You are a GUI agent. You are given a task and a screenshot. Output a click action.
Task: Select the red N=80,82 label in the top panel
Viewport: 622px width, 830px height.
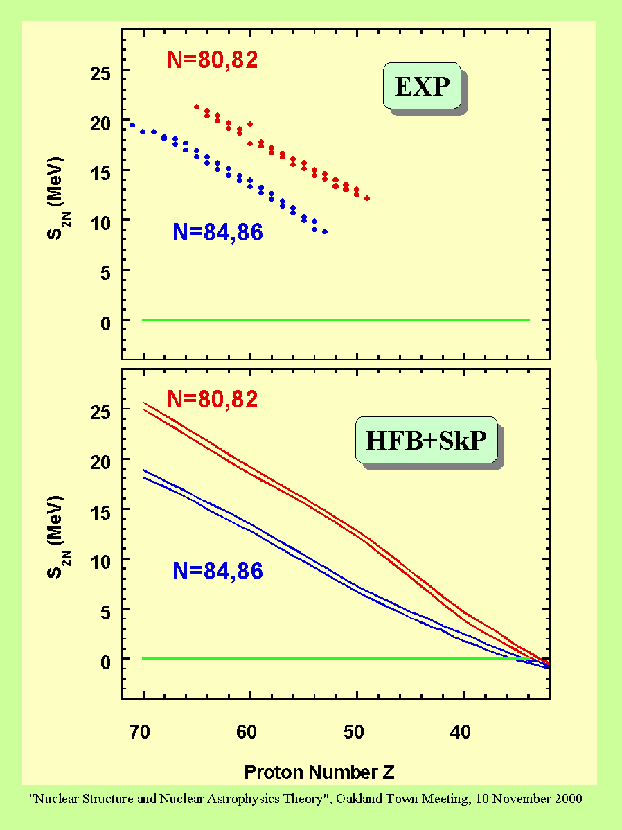tap(213, 60)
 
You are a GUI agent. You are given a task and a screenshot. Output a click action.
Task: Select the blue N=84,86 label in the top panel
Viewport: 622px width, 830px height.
tap(217, 232)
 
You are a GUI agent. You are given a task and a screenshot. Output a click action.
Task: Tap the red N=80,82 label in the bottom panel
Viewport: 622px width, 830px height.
tap(213, 399)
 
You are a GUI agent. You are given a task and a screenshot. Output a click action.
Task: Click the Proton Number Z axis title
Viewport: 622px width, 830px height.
tap(319, 772)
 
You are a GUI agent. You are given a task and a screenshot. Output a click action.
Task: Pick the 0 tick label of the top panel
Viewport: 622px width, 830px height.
tap(106, 324)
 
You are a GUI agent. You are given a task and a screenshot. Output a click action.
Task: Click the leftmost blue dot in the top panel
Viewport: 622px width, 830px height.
tap(132, 125)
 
